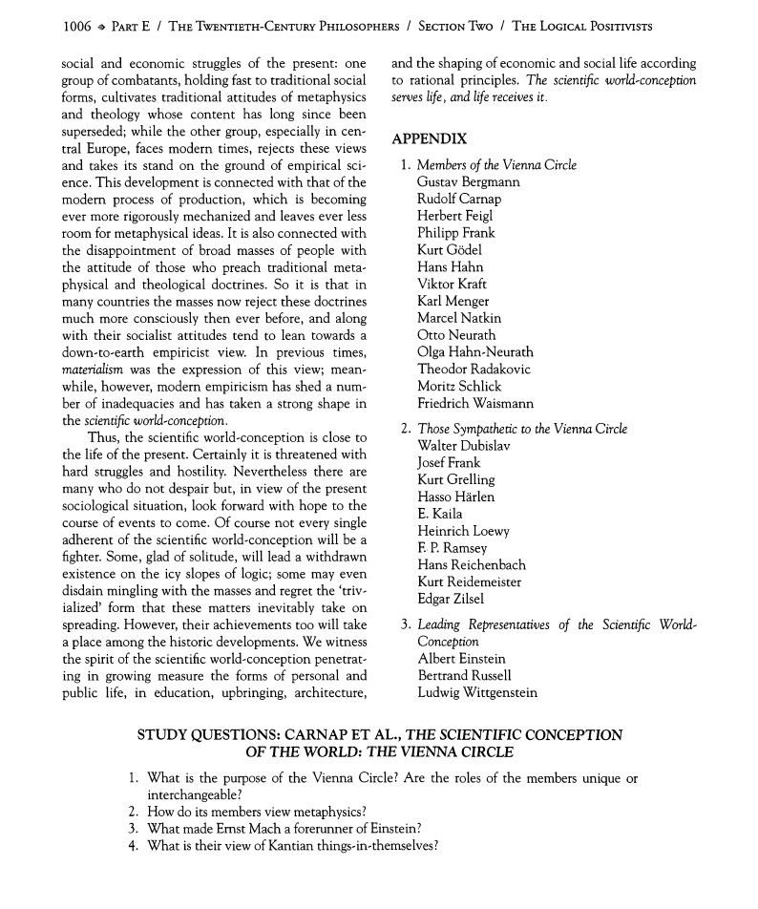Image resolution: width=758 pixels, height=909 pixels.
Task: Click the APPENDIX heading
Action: (429, 138)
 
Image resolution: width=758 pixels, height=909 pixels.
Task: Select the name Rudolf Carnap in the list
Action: (458, 200)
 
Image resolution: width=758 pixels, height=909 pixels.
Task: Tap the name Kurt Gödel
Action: (450, 250)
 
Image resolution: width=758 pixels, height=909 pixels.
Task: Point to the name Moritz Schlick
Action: (458, 387)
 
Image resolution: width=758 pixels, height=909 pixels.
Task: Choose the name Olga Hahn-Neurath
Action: (474, 352)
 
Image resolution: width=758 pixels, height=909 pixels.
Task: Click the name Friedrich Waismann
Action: (474, 404)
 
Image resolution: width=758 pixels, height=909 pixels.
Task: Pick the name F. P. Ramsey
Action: (453, 548)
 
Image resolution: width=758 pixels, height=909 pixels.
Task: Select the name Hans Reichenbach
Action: (472, 565)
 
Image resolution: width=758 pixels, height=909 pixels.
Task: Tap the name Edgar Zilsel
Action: (451, 599)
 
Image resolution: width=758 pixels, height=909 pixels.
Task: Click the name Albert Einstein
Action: (461, 659)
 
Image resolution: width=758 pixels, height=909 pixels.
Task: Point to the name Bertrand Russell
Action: (465, 676)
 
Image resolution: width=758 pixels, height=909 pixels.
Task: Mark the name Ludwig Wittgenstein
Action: (477, 693)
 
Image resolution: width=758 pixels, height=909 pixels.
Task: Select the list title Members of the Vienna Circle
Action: (496, 165)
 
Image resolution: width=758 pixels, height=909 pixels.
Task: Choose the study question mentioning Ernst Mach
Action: (284, 829)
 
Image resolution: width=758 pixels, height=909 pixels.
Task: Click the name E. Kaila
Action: (440, 514)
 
